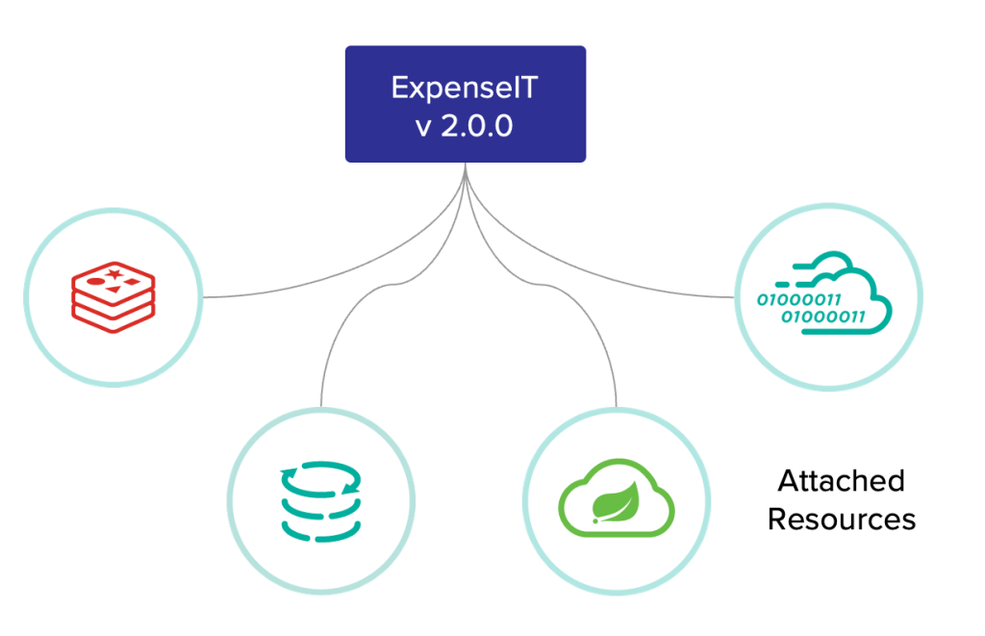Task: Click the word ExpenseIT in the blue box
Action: click(x=465, y=89)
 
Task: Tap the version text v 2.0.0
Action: click(x=465, y=126)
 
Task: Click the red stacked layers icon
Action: click(x=113, y=295)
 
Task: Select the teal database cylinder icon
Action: click(x=320, y=500)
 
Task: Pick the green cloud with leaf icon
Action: click(x=617, y=501)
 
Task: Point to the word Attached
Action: click(x=841, y=480)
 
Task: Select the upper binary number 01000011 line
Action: click(x=799, y=299)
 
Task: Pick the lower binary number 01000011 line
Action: click(x=822, y=316)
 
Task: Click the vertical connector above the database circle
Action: click(x=321, y=375)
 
